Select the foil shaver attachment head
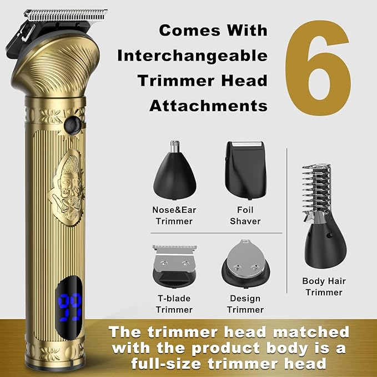pos(245,170)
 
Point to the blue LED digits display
pos(70,307)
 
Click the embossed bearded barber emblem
pos(67,188)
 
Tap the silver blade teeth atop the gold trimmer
pos(66,16)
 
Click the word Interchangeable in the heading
pos(192,56)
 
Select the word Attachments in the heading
pos(208,106)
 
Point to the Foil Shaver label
pos(245,215)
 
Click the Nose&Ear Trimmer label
pos(174,215)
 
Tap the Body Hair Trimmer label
pos(324,286)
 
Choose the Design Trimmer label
pos(245,304)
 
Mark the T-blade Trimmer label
pos(174,304)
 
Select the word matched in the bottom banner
pos(311,332)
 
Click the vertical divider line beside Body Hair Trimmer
pos(287,220)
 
